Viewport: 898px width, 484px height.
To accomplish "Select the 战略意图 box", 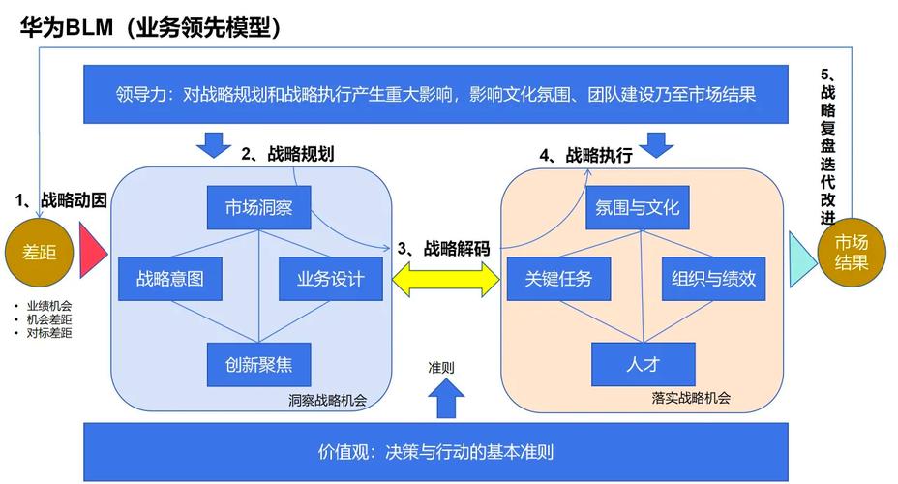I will pyautogui.click(x=169, y=279).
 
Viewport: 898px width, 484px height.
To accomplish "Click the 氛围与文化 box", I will pyautogui.click(x=633, y=206).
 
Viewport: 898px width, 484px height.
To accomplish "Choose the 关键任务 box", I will pyautogui.click(x=557, y=279).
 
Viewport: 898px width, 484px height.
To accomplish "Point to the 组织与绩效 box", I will pyautogui.click(x=712, y=279).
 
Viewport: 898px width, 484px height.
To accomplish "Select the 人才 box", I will pyautogui.click(x=644, y=364).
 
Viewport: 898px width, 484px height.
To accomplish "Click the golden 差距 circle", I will pyautogui.click(x=39, y=253).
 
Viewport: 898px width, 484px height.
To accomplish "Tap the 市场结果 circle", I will pyautogui.click(x=852, y=252).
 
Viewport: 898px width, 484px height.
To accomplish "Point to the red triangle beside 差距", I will pyautogui.click(x=93, y=252).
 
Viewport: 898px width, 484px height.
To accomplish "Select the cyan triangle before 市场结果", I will pyautogui.click(x=802, y=258).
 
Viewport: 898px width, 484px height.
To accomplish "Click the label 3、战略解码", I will pyautogui.click(x=442, y=249).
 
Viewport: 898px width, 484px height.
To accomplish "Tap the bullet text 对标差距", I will pyautogui.click(x=48, y=333).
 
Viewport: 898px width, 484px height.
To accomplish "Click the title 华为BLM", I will pyautogui.click(x=67, y=28).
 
